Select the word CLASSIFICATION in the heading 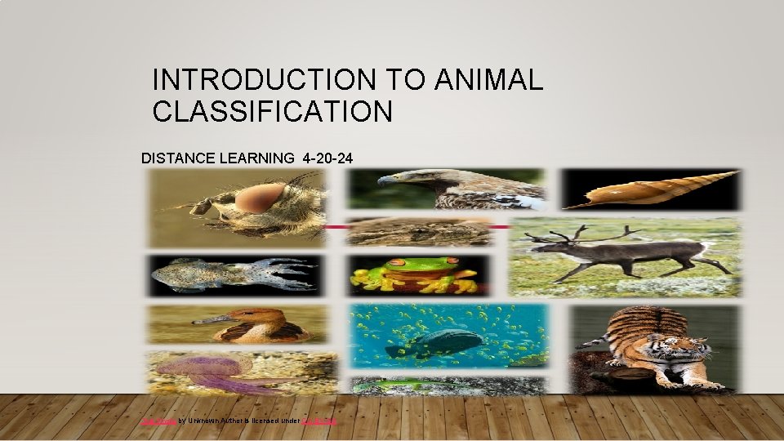(x=273, y=111)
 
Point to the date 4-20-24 (x=327, y=158)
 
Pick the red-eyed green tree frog (x=416, y=274)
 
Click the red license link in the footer (x=320, y=421)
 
